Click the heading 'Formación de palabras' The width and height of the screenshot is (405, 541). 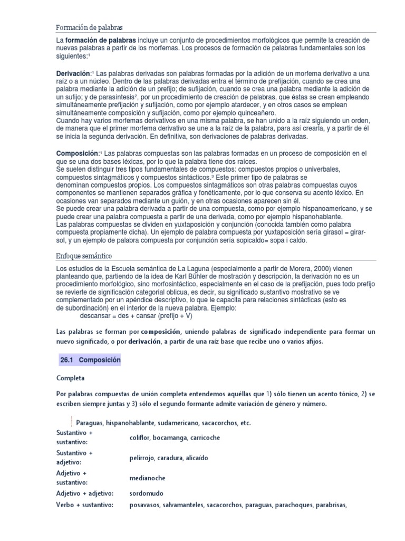(89, 27)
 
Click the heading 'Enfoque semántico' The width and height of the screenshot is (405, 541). (84, 256)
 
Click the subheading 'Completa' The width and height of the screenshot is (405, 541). (70, 378)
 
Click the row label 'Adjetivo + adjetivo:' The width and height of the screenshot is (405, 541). (85, 493)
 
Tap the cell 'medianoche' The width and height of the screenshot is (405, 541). (147, 478)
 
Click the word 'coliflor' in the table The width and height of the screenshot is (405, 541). (140, 437)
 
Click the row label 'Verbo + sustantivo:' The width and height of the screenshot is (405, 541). (85, 505)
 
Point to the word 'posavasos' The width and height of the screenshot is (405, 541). (145, 505)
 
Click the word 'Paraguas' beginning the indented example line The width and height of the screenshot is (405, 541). (89, 423)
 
